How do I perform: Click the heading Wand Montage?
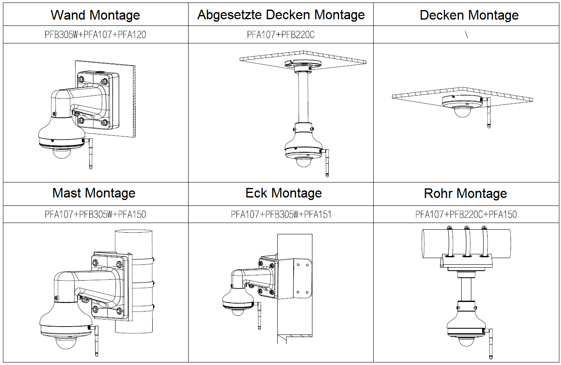(95, 15)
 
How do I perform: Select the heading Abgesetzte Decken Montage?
(281, 15)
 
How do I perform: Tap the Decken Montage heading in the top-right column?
(469, 15)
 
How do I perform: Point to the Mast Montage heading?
(94, 193)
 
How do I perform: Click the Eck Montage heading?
(284, 193)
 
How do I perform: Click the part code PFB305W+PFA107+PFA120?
(95, 35)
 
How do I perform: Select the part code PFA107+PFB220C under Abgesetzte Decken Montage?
(280, 35)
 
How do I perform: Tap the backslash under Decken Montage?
(466, 35)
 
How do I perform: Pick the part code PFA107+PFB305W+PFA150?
(95, 215)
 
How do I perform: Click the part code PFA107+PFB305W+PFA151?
(281, 215)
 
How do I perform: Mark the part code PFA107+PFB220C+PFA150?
(466, 215)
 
